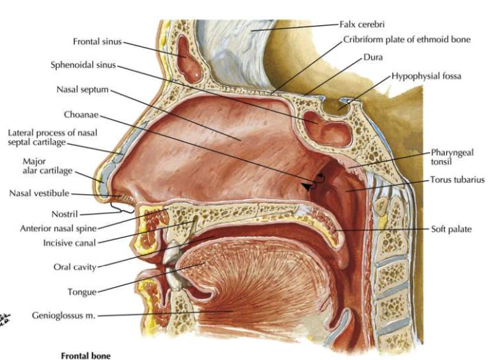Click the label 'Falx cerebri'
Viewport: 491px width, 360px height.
tap(362, 24)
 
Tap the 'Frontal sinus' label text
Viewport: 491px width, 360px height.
tap(97, 41)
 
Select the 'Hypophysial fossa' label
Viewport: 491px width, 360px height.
tap(427, 76)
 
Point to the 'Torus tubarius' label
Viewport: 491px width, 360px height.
tap(457, 180)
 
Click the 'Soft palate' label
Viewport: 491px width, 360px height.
tap(451, 229)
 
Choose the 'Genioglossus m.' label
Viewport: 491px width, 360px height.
tap(63, 315)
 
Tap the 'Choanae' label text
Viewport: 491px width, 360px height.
tap(81, 115)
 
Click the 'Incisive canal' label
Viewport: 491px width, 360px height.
tap(69, 243)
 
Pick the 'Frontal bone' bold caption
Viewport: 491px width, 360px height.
tap(85, 356)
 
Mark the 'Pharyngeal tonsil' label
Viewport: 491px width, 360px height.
tap(452, 157)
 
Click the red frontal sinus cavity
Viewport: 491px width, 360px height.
tap(188, 59)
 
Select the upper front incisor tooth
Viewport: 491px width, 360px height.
tap(171, 252)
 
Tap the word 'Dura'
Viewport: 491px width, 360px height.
tap(373, 57)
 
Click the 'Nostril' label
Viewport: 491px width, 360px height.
tap(64, 214)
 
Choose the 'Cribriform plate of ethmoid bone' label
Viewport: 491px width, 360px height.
tap(407, 40)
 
